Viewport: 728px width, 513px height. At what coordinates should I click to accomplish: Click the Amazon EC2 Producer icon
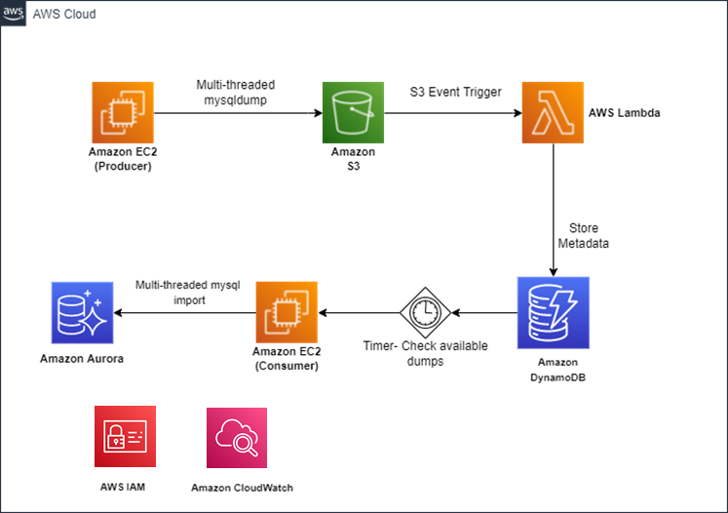click(x=123, y=114)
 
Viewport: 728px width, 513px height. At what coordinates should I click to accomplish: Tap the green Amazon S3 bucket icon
click(x=353, y=114)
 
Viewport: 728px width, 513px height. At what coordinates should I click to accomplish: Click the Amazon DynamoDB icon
click(x=553, y=313)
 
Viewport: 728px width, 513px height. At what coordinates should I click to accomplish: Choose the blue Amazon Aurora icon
click(x=82, y=313)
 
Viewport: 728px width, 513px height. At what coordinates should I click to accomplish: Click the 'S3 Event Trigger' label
click(x=455, y=93)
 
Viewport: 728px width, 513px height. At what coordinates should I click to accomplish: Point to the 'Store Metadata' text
click(x=589, y=235)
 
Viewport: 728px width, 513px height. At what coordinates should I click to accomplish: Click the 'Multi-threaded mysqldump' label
click(x=235, y=93)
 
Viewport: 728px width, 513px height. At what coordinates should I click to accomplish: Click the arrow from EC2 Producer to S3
click(x=238, y=114)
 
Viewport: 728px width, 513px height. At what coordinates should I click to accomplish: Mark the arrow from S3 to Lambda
click(x=453, y=114)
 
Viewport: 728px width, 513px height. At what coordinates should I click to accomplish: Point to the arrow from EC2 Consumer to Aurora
click(x=184, y=313)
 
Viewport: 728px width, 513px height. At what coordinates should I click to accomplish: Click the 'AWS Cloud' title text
click(x=64, y=16)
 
